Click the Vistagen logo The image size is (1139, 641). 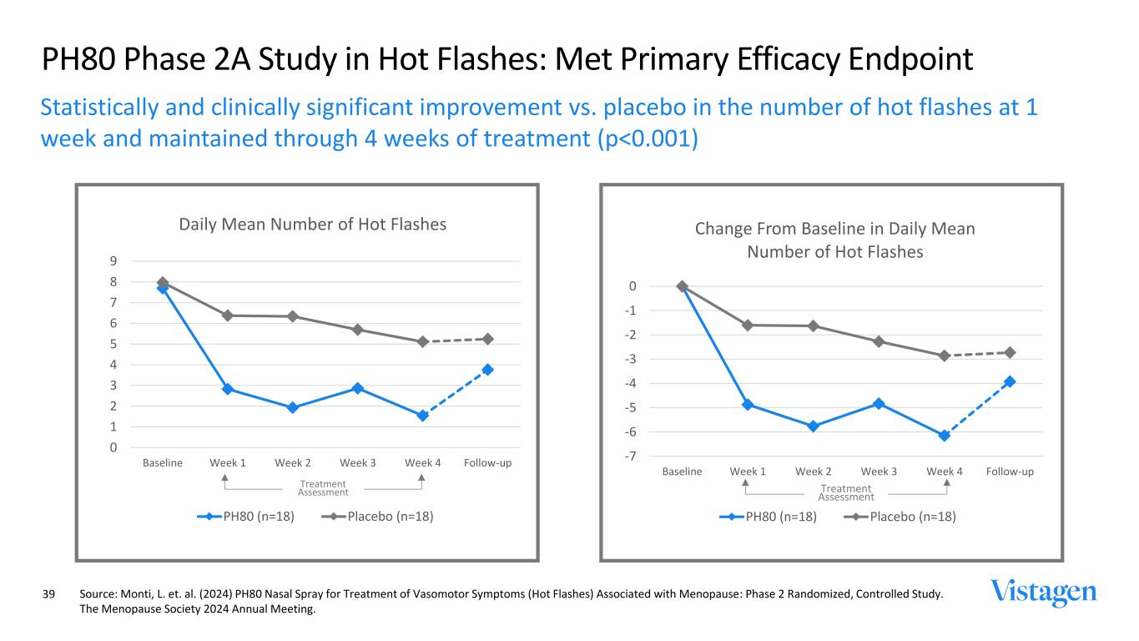1043,592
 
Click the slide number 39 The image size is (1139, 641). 48,594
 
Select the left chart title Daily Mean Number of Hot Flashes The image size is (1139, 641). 313,224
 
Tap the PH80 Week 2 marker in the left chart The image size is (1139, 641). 293,407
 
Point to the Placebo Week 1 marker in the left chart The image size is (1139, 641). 227,315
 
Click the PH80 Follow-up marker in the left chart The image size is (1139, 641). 488,369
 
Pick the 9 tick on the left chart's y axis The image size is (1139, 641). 112,261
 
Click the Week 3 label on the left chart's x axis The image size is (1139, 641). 358,462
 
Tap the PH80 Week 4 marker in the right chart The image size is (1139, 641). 945,435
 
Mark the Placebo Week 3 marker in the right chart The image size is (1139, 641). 879,341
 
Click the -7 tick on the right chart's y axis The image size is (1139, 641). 632,456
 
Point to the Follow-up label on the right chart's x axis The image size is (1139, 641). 1010,472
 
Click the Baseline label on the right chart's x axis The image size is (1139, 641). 682,472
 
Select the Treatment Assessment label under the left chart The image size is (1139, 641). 323,487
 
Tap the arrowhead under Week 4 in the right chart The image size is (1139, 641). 946,482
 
